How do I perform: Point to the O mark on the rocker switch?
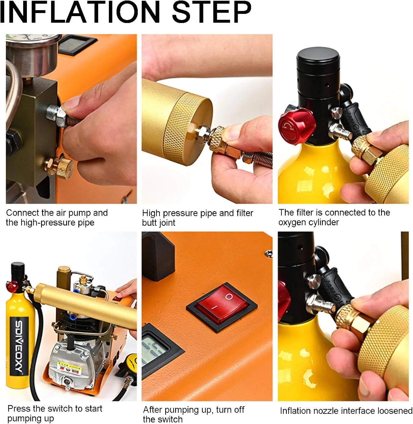point(229,297)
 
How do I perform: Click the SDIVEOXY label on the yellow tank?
point(19,346)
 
